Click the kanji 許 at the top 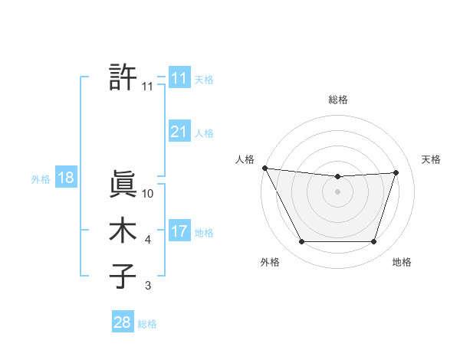click(x=123, y=77)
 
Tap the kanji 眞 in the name click(x=123, y=184)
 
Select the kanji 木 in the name click(x=123, y=231)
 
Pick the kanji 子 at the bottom click(x=123, y=277)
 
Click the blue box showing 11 click(x=179, y=78)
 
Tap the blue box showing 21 click(x=179, y=132)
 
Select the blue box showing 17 click(x=179, y=231)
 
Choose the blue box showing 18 click(x=65, y=178)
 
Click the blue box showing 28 click(x=122, y=322)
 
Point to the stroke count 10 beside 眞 click(x=148, y=194)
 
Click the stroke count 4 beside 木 click(x=148, y=241)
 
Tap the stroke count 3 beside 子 click(x=148, y=286)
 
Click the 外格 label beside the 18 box click(x=40, y=179)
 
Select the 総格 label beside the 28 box click(x=147, y=324)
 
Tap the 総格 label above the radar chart click(x=337, y=100)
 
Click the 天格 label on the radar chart click(x=431, y=159)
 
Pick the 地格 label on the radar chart click(x=402, y=263)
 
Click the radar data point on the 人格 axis click(x=264, y=168)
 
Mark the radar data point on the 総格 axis click(x=337, y=177)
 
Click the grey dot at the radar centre click(x=337, y=191)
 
